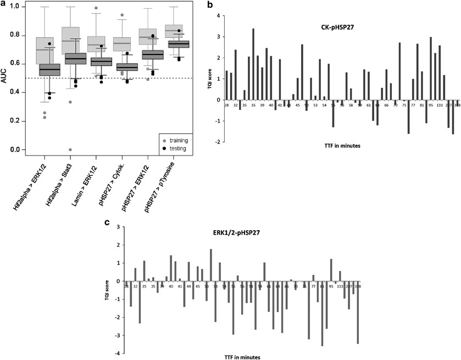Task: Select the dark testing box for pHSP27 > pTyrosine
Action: (178, 44)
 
